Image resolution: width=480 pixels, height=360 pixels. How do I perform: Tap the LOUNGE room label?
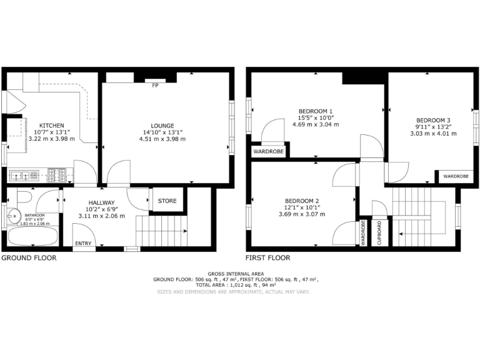point(162,125)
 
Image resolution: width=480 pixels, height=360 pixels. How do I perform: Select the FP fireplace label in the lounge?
point(155,86)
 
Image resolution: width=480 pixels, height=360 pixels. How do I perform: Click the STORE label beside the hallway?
point(167,201)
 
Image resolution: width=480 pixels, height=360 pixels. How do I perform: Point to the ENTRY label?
point(82,244)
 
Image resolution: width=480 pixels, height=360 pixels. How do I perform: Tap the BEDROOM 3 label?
point(433,120)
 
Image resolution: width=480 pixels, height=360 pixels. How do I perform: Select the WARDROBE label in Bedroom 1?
point(268,152)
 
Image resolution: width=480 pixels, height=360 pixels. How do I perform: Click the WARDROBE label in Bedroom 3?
point(456,177)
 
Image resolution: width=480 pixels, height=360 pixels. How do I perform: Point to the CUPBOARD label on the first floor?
point(379,232)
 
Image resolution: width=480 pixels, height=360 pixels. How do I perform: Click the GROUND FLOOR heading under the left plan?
point(29,257)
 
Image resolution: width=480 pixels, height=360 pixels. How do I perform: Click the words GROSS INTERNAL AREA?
point(236,274)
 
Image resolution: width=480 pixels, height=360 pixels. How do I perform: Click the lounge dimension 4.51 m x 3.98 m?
point(162,139)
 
